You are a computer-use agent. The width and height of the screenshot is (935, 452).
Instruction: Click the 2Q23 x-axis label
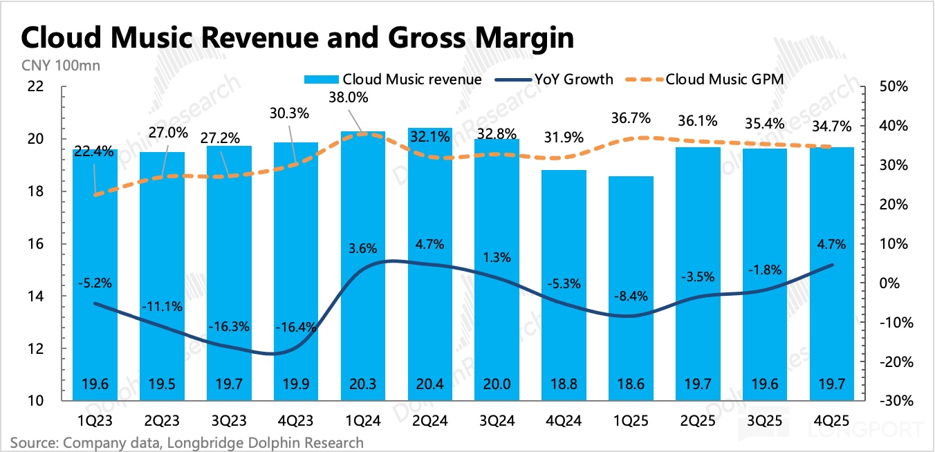coord(162,419)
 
